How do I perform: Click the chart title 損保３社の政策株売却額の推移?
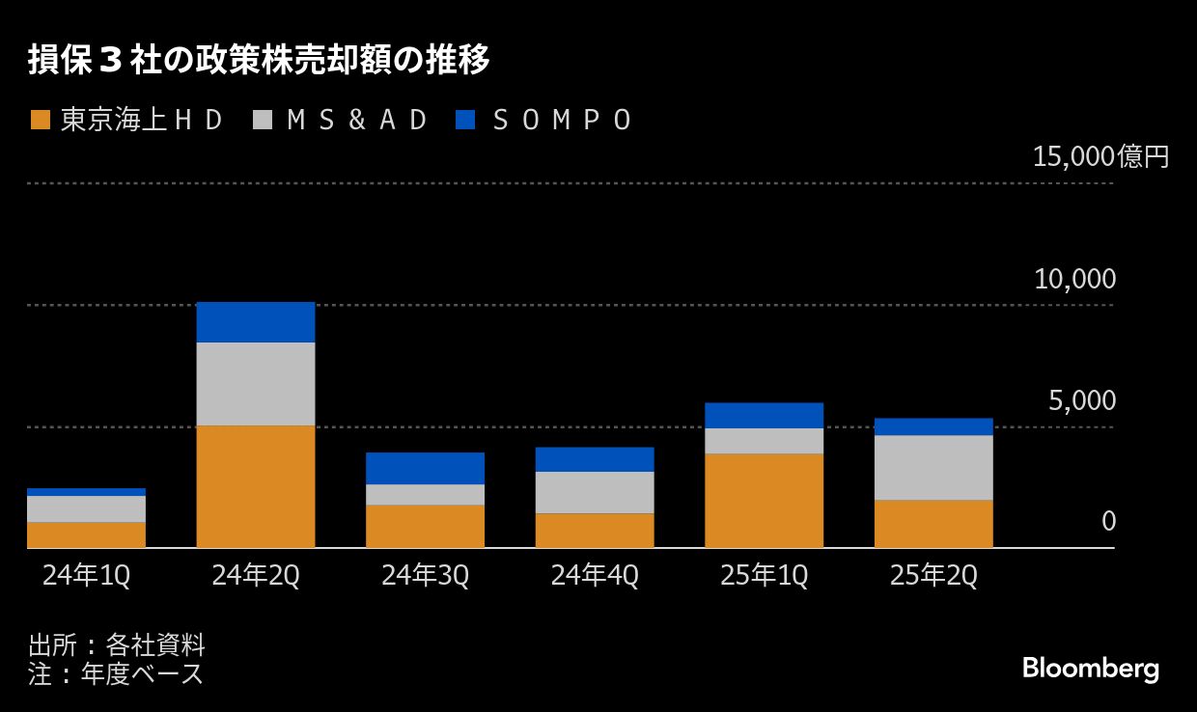tap(259, 61)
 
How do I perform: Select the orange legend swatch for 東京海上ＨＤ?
tap(41, 120)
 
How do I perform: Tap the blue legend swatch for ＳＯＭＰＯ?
tap(465, 120)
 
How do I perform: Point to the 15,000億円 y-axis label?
tap(1100, 156)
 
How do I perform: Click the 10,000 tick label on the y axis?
tap(1074, 280)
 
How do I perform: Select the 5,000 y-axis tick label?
tap(1081, 400)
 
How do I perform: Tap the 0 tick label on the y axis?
tap(1109, 522)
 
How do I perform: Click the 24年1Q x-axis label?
tap(86, 576)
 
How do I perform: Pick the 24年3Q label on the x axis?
tap(425, 576)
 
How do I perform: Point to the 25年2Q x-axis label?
tap(933, 576)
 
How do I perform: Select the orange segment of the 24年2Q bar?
tap(256, 486)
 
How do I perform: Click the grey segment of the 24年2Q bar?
tap(256, 384)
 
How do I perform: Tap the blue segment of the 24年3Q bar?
tap(425, 468)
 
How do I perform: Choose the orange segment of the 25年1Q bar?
tap(764, 500)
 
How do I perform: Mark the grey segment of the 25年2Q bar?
tap(933, 467)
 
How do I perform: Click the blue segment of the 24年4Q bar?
tap(595, 459)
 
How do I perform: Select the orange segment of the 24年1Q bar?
tap(86, 534)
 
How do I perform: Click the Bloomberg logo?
tap(1091, 670)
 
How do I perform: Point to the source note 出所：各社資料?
tap(117, 644)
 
